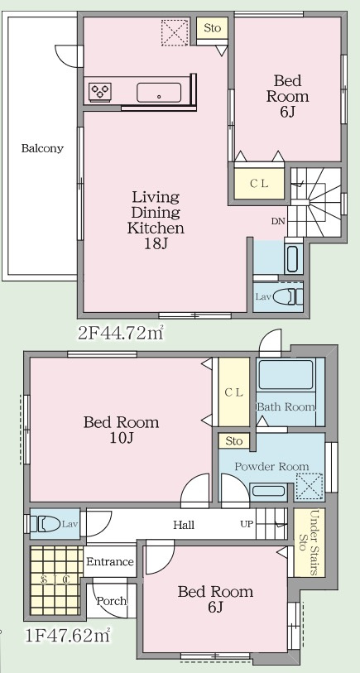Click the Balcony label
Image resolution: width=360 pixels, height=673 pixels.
(x=42, y=148)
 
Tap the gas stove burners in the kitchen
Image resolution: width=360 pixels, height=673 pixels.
(x=100, y=92)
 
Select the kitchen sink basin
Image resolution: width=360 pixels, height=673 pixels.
(x=159, y=92)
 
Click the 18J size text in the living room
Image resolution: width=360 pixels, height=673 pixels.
(x=156, y=244)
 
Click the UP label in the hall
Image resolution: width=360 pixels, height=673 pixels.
(x=247, y=524)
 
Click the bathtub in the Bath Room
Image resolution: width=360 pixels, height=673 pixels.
(x=286, y=375)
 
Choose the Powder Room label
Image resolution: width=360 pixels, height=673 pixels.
(x=271, y=466)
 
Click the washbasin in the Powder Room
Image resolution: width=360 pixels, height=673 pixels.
(x=269, y=491)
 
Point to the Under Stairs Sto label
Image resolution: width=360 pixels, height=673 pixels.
(x=309, y=543)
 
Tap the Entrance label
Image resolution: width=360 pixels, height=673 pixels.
(x=110, y=561)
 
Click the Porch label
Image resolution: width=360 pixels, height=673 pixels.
(x=111, y=601)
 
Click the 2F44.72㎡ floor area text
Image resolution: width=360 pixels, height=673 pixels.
(x=121, y=332)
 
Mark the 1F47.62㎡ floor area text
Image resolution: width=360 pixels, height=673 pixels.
(x=67, y=635)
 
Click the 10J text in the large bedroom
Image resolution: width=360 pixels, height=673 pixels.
(x=122, y=439)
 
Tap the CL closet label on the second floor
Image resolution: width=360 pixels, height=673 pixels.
(x=259, y=184)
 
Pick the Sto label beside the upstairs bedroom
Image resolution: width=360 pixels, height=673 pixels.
(x=213, y=28)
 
